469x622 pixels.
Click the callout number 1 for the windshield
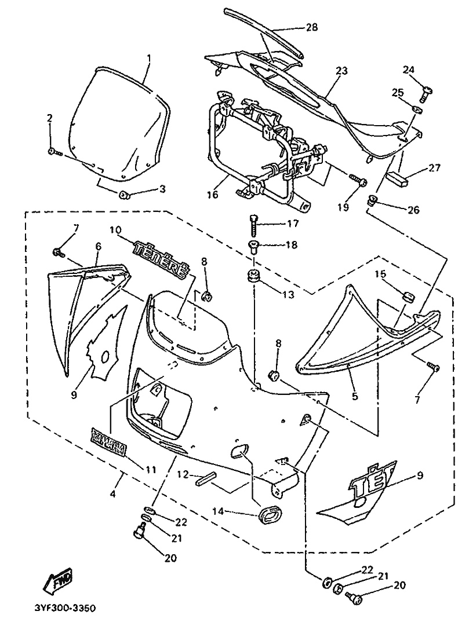(x=149, y=58)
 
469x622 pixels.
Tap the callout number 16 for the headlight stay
(x=212, y=195)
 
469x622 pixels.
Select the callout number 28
(x=311, y=27)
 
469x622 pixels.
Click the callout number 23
(x=341, y=71)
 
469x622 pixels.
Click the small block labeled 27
(x=398, y=179)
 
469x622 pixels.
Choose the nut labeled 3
(x=123, y=195)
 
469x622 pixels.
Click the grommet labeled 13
(x=252, y=276)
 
